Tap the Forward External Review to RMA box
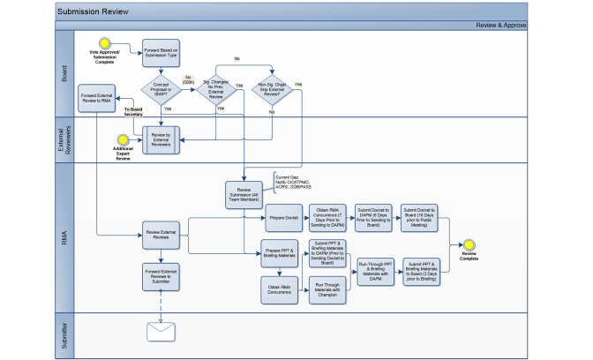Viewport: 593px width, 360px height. click(96, 97)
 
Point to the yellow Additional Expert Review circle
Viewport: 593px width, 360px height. click(124, 140)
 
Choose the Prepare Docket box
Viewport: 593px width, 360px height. click(279, 217)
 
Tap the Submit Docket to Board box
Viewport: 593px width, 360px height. click(420, 217)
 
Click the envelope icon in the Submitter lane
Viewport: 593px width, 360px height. click(161, 331)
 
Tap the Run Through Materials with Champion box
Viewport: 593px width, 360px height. click(327, 289)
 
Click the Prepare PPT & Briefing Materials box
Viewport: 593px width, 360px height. click(279, 256)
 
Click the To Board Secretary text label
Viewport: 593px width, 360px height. click(133, 110)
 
